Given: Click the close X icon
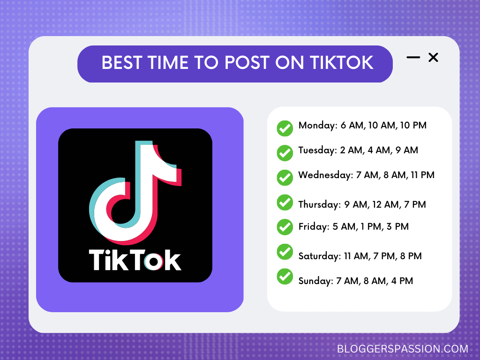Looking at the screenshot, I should (x=433, y=58).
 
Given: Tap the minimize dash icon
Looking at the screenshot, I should (x=413, y=58).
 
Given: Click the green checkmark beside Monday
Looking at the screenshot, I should (x=285, y=128).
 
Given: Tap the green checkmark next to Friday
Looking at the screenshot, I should (x=285, y=227).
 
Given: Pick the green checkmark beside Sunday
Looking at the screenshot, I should (x=285, y=276).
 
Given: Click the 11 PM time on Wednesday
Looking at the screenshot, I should (x=422, y=175).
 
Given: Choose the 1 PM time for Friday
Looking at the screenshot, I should (x=368, y=227).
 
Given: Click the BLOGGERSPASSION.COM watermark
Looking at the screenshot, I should (x=403, y=349).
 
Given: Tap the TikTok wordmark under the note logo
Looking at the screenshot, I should (x=135, y=260).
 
